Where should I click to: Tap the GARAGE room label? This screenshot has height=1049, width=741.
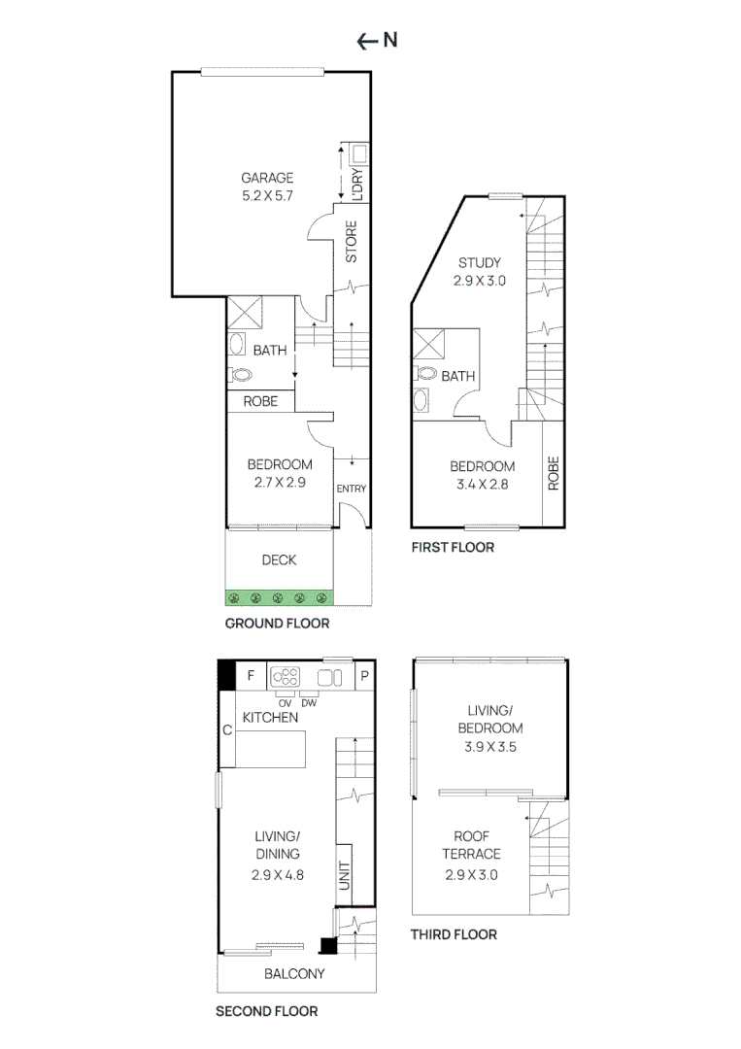click(x=267, y=178)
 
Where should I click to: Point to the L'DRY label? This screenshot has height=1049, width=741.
click(x=357, y=184)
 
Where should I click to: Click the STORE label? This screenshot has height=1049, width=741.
click(x=352, y=242)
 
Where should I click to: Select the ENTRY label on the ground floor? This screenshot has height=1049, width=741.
click(x=352, y=489)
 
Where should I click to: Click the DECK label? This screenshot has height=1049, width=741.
click(x=279, y=560)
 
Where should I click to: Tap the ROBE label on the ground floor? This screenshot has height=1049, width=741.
click(x=261, y=400)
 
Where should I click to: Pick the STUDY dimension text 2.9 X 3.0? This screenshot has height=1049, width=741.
click(x=479, y=280)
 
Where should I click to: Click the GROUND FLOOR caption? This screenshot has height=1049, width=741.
click(x=277, y=624)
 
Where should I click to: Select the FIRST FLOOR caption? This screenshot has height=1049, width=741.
click(x=453, y=548)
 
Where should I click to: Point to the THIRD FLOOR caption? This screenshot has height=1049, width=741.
click(x=454, y=934)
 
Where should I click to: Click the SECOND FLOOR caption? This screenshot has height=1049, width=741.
click(x=266, y=1011)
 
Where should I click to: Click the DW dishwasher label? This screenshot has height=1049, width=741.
click(x=309, y=702)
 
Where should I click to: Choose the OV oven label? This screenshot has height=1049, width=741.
click(x=285, y=702)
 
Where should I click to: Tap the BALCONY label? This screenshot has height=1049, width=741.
click(x=294, y=974)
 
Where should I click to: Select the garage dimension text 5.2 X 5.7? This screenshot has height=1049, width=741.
click(x=267, y=195)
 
